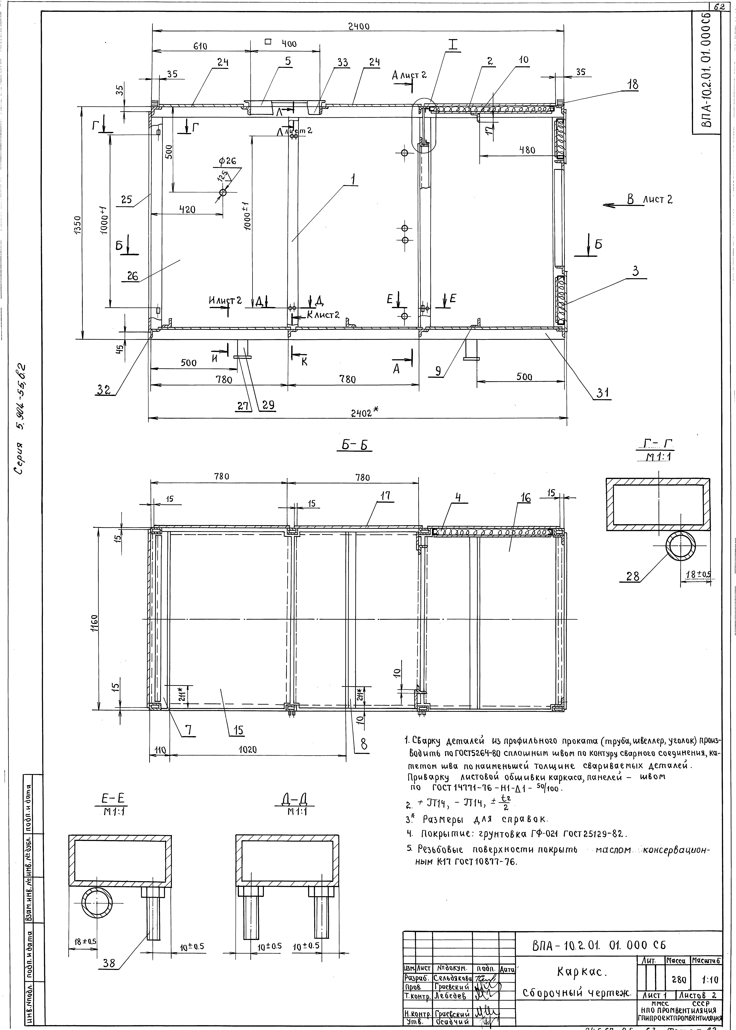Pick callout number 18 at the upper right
633,85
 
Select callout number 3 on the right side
635,271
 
